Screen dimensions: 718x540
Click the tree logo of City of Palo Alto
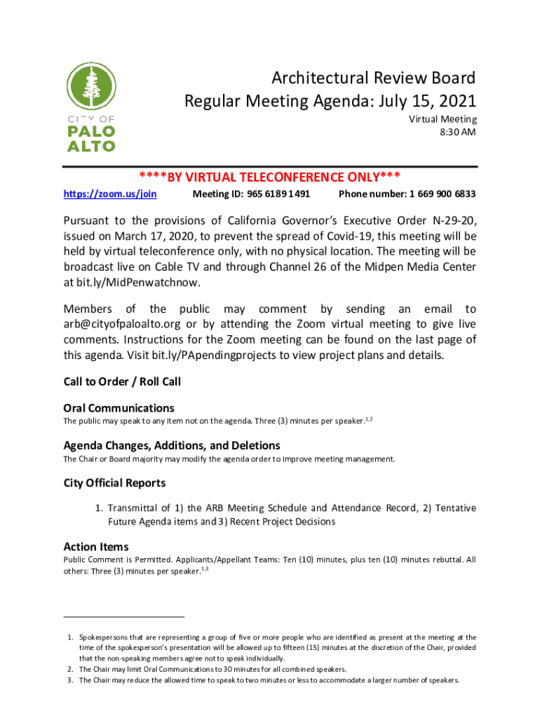click(91, 87)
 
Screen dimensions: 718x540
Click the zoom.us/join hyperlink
click(110, 194)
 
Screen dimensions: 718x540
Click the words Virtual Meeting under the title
click(443, 119)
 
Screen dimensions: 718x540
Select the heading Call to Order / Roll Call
click(122, 382)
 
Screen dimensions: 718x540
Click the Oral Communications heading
click(119, 408)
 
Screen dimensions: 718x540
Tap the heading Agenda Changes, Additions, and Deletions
click(172, 446)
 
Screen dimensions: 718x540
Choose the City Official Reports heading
click(114, 483)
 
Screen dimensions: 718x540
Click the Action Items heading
click(96, 547)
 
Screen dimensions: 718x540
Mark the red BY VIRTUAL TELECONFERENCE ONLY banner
click(270, 177)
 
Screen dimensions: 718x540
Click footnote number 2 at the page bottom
click(71, 670)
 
